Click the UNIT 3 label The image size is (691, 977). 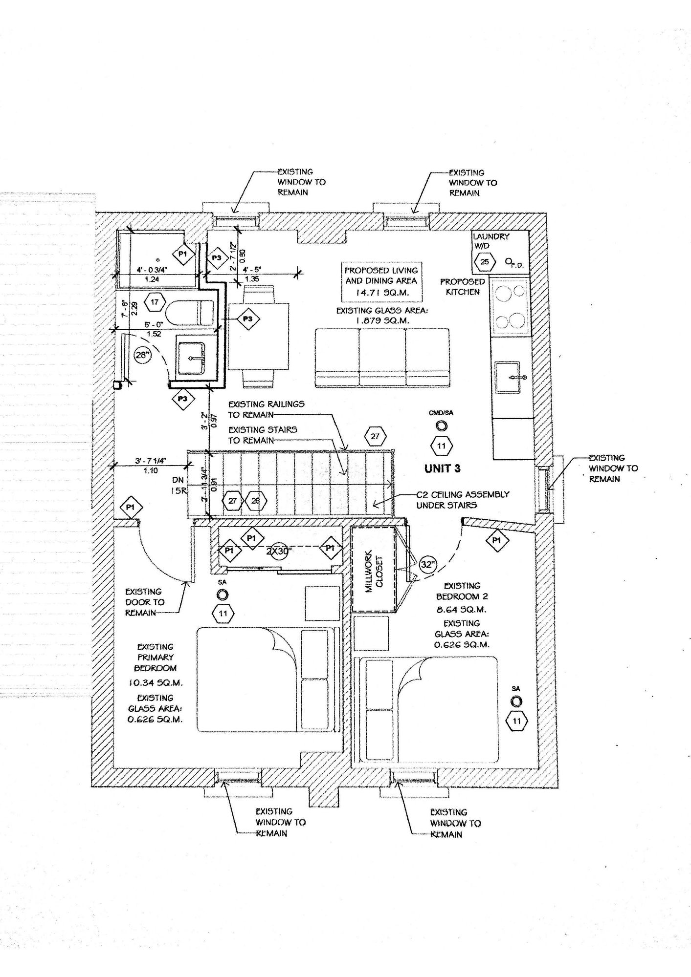click(x=442, y=468)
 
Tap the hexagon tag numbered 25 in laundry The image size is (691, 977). click(x=484, y=262)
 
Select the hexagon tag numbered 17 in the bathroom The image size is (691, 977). click(x=155, y=302)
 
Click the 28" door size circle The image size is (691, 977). click(x=142, y=355)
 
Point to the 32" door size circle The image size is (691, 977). click(x=427, y=565)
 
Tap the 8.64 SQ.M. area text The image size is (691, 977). click(x=462, y=610)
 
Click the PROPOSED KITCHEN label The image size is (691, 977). click(x=463, y=287)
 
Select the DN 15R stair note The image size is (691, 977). click(x=178, y=486)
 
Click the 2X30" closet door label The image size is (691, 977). click(x=279, y=551)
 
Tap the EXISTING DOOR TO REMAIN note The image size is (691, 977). click(x=145, y=602)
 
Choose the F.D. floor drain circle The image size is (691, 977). click(x=509, y=262)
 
